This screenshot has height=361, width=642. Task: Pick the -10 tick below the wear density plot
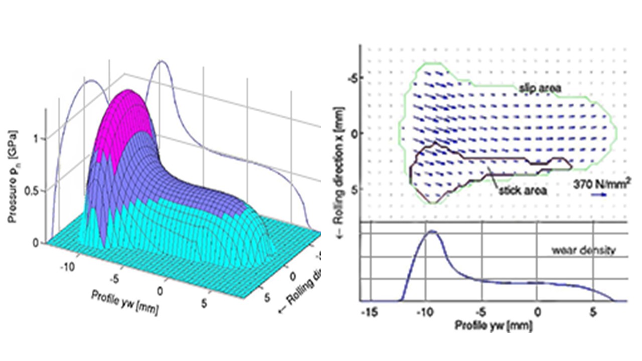point(424,312)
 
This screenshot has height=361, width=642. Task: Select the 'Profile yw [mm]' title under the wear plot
point(494,325)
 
